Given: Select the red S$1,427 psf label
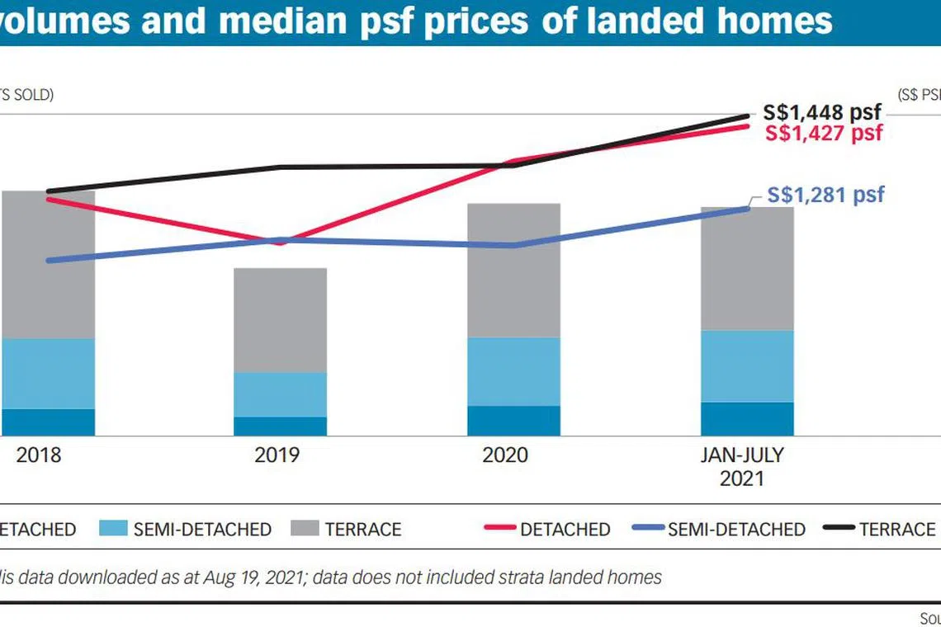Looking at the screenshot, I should (824, 133).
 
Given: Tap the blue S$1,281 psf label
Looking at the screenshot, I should (825, 195).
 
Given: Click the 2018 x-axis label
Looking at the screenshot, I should (39, 455).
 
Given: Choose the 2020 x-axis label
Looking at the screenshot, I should (504, 455).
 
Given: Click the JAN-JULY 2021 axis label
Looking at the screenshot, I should (741, 465).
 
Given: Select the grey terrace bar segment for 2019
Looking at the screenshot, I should (280, 319).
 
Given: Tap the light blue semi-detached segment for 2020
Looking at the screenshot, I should (513, 371).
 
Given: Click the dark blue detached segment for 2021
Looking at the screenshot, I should (747, 419).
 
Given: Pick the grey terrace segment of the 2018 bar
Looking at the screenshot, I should (50, 264).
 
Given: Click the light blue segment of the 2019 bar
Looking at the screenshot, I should (280, 394).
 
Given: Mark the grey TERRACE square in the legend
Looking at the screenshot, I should (304, 529).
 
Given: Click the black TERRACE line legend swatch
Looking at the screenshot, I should (837, 529).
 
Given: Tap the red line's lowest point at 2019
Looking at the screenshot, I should (281, 243).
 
